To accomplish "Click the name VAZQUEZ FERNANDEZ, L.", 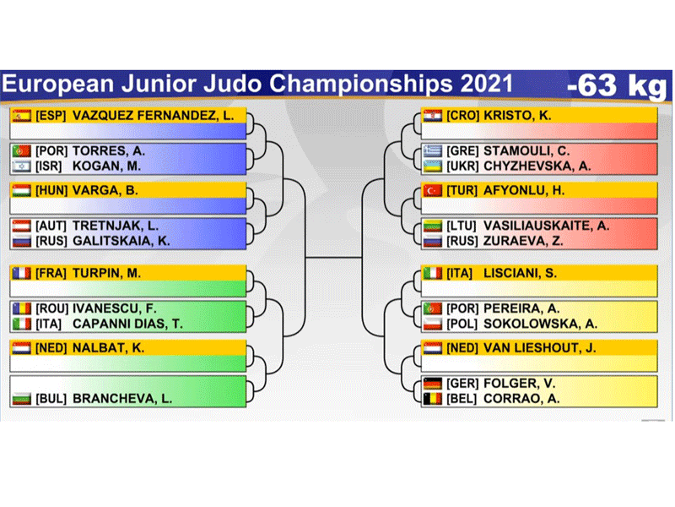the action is (x=154, y=116).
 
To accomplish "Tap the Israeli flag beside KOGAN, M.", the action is (x=22, y=166).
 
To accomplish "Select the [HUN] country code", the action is (x=51, y=191).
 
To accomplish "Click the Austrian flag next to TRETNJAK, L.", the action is (x=22, y=226).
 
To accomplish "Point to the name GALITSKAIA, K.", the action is (x=121, y=241).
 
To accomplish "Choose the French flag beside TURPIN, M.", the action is (x=22, y=273).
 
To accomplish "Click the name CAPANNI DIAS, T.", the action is (x=128, y=324).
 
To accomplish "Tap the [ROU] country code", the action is (x=52, y=308).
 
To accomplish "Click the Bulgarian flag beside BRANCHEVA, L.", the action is (x=22, y=398).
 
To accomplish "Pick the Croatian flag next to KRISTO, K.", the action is (x=433, y=116).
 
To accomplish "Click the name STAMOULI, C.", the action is (x=526, y=151).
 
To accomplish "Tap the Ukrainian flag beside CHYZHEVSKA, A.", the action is (x=433, y=166).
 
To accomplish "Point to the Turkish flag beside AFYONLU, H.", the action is (x=433, y=191).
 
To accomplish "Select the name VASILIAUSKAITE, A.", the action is (x=546, y=226).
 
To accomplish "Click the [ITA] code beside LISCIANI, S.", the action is (x=459, y=273).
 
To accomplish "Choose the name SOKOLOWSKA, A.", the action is (x=540, y=324).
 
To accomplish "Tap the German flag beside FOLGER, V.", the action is (x=433, y=384).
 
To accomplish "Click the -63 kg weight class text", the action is (x=617, y=86).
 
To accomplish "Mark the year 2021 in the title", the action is (x=487, y=84).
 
